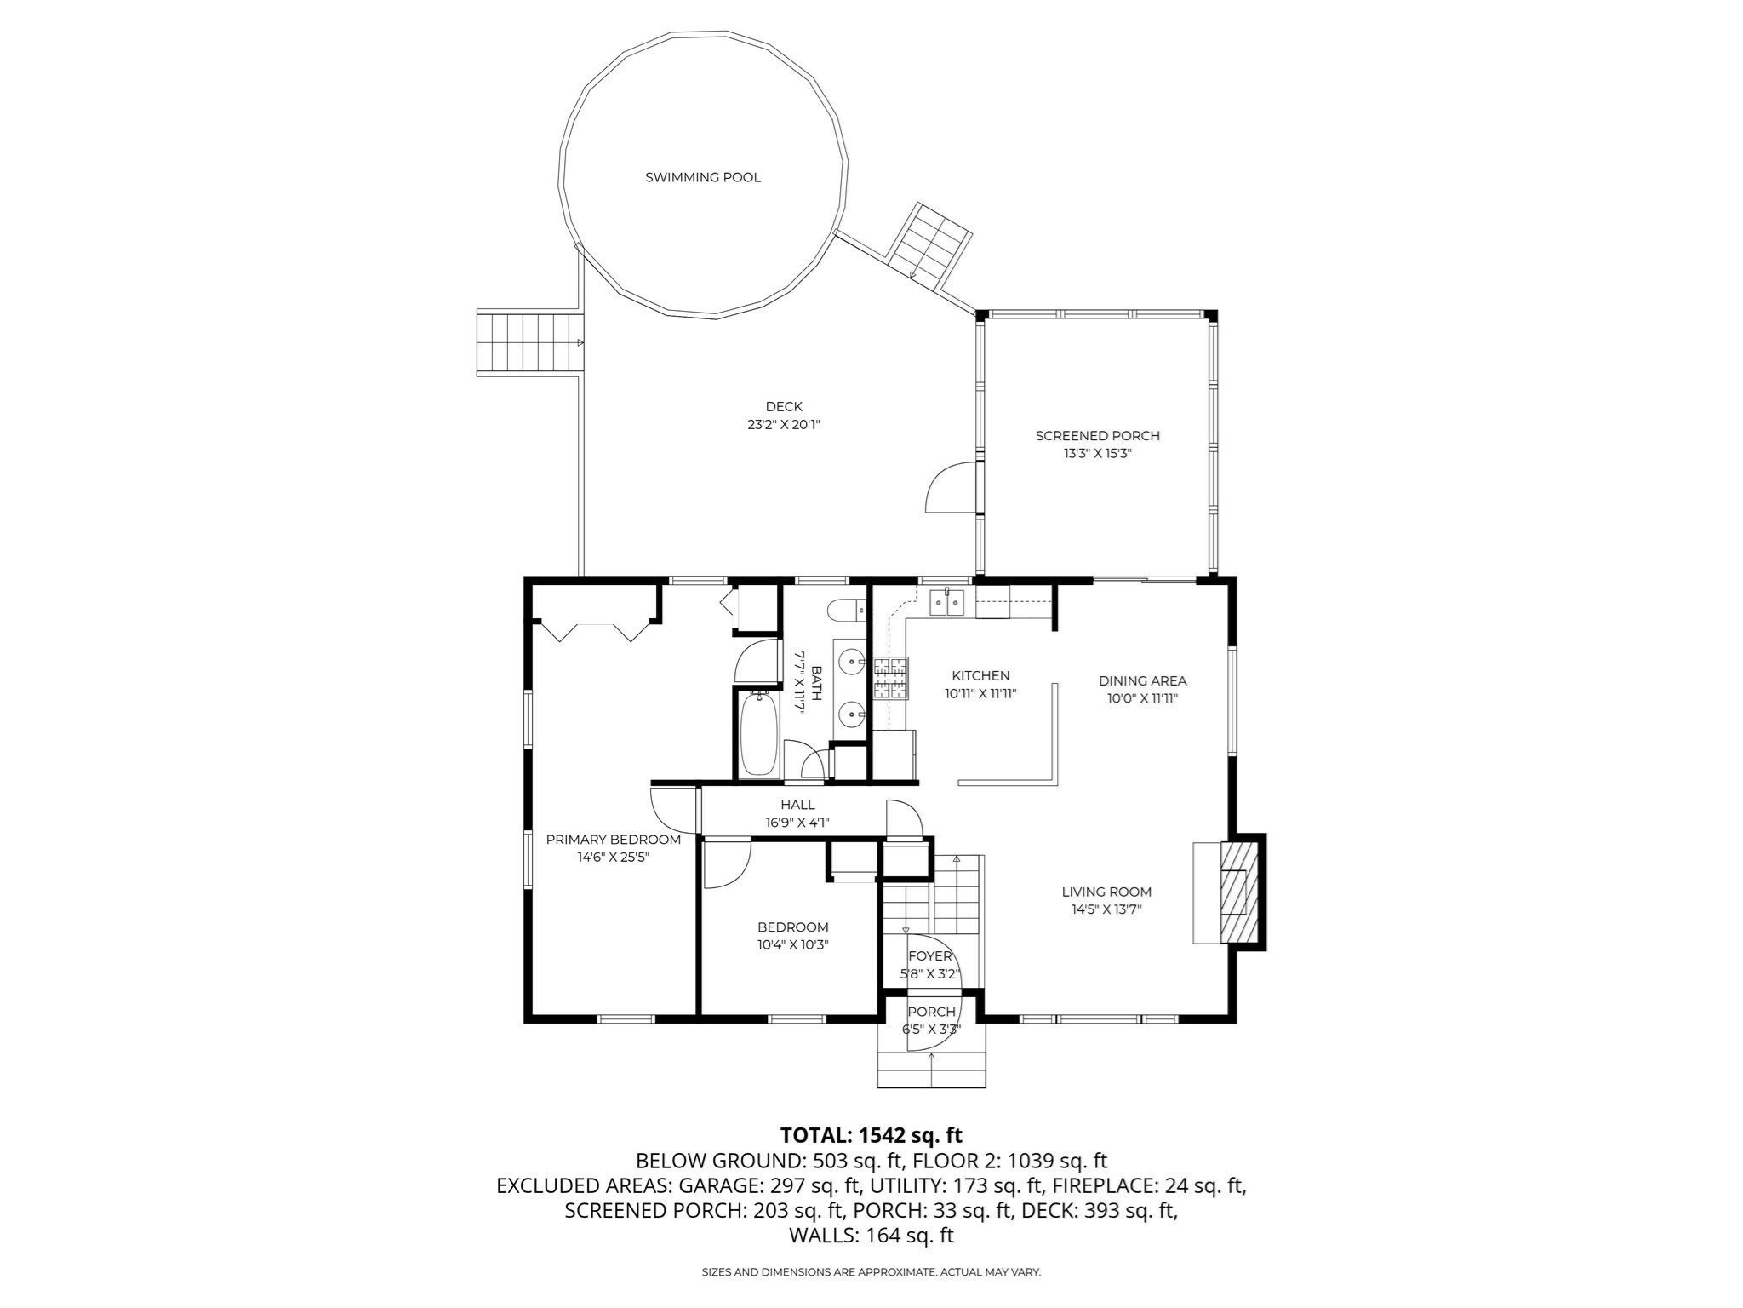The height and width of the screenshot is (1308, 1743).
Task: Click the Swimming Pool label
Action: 703,177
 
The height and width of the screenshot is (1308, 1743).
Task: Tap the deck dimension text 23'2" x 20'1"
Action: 783,424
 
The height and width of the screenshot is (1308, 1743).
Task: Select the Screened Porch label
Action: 1097,435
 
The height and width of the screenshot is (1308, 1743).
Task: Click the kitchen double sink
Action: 947,604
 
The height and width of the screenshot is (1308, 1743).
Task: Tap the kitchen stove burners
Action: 890,679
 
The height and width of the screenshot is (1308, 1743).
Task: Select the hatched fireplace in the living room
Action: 1239,892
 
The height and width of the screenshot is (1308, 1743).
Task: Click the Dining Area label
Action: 1142,680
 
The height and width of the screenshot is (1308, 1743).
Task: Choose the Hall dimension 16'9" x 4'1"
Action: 797,823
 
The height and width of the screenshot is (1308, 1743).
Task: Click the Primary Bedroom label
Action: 613,840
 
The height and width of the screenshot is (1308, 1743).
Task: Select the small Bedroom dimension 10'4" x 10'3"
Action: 792,944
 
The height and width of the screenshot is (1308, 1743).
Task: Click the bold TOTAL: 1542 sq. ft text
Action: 871,1135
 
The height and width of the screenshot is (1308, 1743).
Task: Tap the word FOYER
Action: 929,956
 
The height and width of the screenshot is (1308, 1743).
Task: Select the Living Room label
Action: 1106,892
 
